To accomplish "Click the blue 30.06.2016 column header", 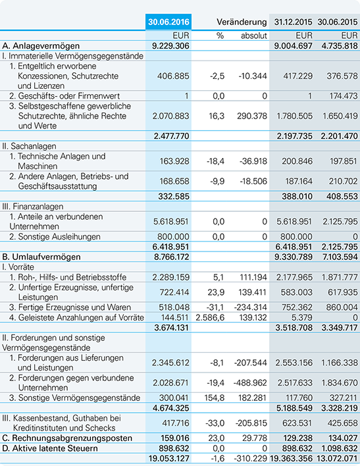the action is pos(168,22).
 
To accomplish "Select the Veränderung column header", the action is pos(242,22).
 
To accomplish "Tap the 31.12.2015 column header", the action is pos(293,22).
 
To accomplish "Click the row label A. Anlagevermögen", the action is pos(41,46).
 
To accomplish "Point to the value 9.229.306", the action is pos(170,46).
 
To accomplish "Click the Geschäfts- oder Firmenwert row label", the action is pos(64,96).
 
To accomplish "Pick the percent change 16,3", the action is pos(217,116).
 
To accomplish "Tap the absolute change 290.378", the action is pos(252,116).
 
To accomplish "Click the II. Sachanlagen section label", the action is pos(29,146).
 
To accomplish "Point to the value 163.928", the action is pos(174,161).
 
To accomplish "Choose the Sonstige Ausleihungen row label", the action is pos(55,237).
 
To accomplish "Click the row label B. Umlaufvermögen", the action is pos(41,257).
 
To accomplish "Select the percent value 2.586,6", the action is pos(210,318).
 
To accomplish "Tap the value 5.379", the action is pos(301,318).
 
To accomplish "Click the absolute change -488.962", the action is pos(250,383).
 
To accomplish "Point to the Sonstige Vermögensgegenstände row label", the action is pos(74,398).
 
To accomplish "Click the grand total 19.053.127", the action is pos(169,459).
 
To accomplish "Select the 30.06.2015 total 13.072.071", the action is pos(338,459).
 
